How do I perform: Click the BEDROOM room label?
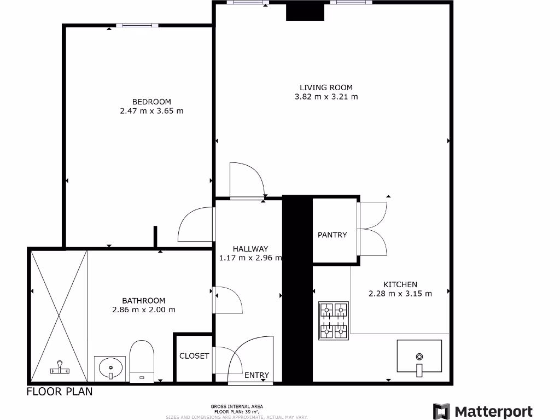[151, 102]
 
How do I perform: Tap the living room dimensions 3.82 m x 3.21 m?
[326, 97]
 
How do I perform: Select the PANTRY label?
[332, 235]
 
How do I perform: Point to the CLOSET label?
[194, 356]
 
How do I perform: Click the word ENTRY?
[256, 375]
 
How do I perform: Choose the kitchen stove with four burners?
[334, 320]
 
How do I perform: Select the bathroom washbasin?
[110, 368]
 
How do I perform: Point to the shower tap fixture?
[60, 367]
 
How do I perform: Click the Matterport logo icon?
[441, 411]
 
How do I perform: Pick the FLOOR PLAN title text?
[60, 392]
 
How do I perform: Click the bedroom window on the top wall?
[137, 25]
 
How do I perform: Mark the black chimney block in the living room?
[305, 11]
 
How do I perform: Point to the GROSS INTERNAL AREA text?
[237, 406]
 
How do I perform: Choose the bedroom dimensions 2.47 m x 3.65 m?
[151, 111]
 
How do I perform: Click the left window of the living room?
[248, 3]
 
